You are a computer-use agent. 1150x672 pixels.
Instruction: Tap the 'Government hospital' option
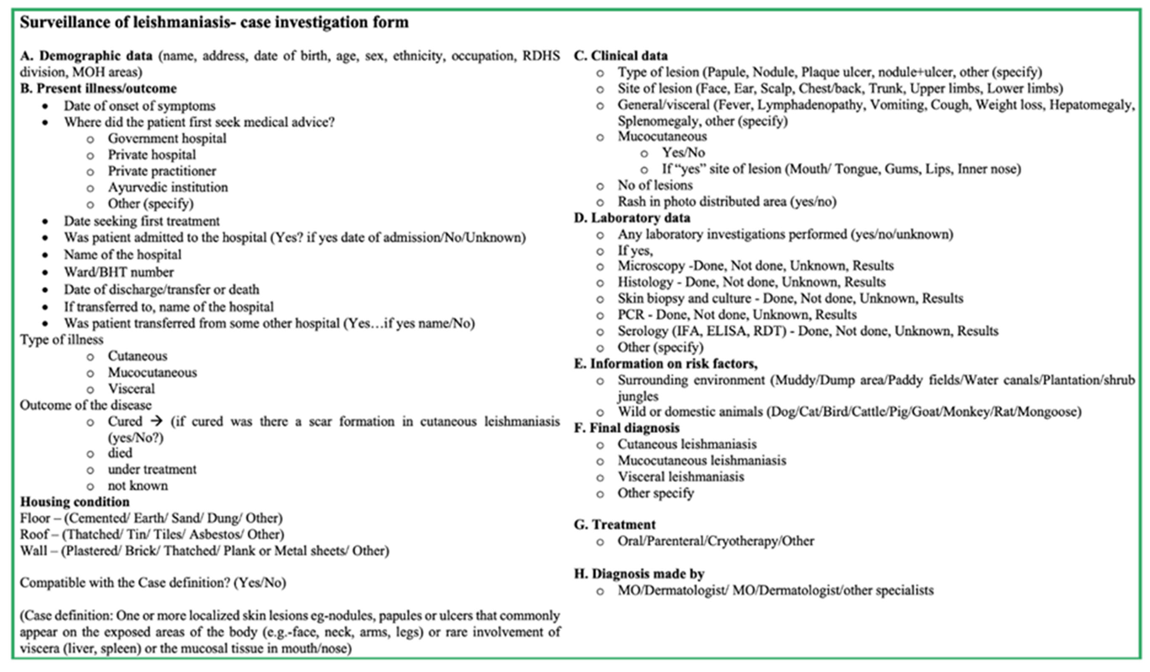167,138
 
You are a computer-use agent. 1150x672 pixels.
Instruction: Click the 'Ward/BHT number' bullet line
119,272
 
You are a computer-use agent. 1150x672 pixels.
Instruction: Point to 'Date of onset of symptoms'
140,106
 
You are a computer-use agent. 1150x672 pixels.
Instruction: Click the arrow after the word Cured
157,420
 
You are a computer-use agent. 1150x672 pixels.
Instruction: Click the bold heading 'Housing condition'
75,502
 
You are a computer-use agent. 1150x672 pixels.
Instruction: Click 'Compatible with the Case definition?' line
153,583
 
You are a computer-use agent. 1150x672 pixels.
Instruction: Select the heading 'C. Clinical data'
621,56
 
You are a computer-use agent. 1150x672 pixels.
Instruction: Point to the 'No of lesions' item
655,185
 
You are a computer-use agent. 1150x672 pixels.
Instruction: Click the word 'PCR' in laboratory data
631,314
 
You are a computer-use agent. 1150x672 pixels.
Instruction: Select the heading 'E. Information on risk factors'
665,364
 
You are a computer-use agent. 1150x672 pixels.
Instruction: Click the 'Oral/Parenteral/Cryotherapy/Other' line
716,541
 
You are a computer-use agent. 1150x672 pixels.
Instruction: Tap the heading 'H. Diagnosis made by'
639,574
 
